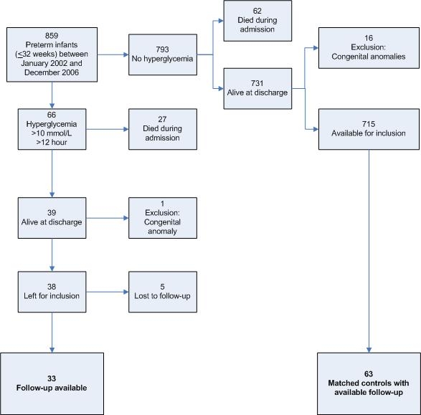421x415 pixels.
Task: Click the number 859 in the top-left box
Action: point(52,36)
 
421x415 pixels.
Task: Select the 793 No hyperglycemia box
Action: point(163,54)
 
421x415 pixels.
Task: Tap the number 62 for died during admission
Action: point(257,11)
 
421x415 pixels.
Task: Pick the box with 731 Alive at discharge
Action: point(257,89)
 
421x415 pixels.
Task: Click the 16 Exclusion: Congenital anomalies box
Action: point(369,48)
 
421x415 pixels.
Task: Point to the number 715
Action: point(369,124)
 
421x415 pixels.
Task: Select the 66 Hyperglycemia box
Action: point(52,129)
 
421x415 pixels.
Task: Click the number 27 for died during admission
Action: point(162,119)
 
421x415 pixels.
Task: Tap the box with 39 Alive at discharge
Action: point(52,218)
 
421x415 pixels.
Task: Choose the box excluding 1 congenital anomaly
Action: point(163,218)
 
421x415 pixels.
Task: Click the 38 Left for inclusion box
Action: point(52,292)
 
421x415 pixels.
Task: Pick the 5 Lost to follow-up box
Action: point(163,292)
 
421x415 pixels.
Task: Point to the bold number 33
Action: point(52,378)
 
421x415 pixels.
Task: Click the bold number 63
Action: point(369,374)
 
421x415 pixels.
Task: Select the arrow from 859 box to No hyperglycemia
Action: point(113,54)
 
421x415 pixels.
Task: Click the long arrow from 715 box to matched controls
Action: point(369,251)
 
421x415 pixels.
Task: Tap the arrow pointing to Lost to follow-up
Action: point(108,292)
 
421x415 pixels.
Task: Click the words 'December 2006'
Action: point(52,72)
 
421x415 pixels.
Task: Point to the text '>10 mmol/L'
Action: point(52,133)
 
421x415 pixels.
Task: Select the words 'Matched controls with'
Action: point(369,383)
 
